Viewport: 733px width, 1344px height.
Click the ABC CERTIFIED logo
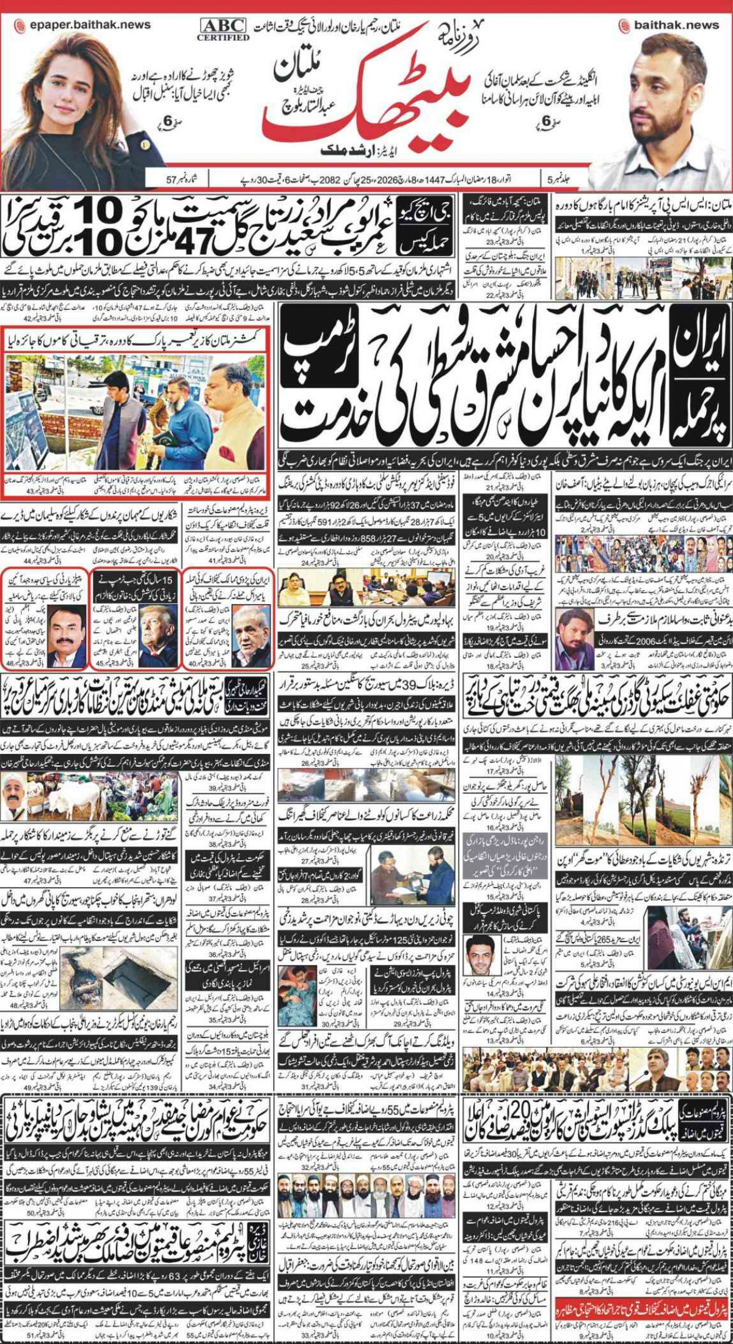point(223,29)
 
